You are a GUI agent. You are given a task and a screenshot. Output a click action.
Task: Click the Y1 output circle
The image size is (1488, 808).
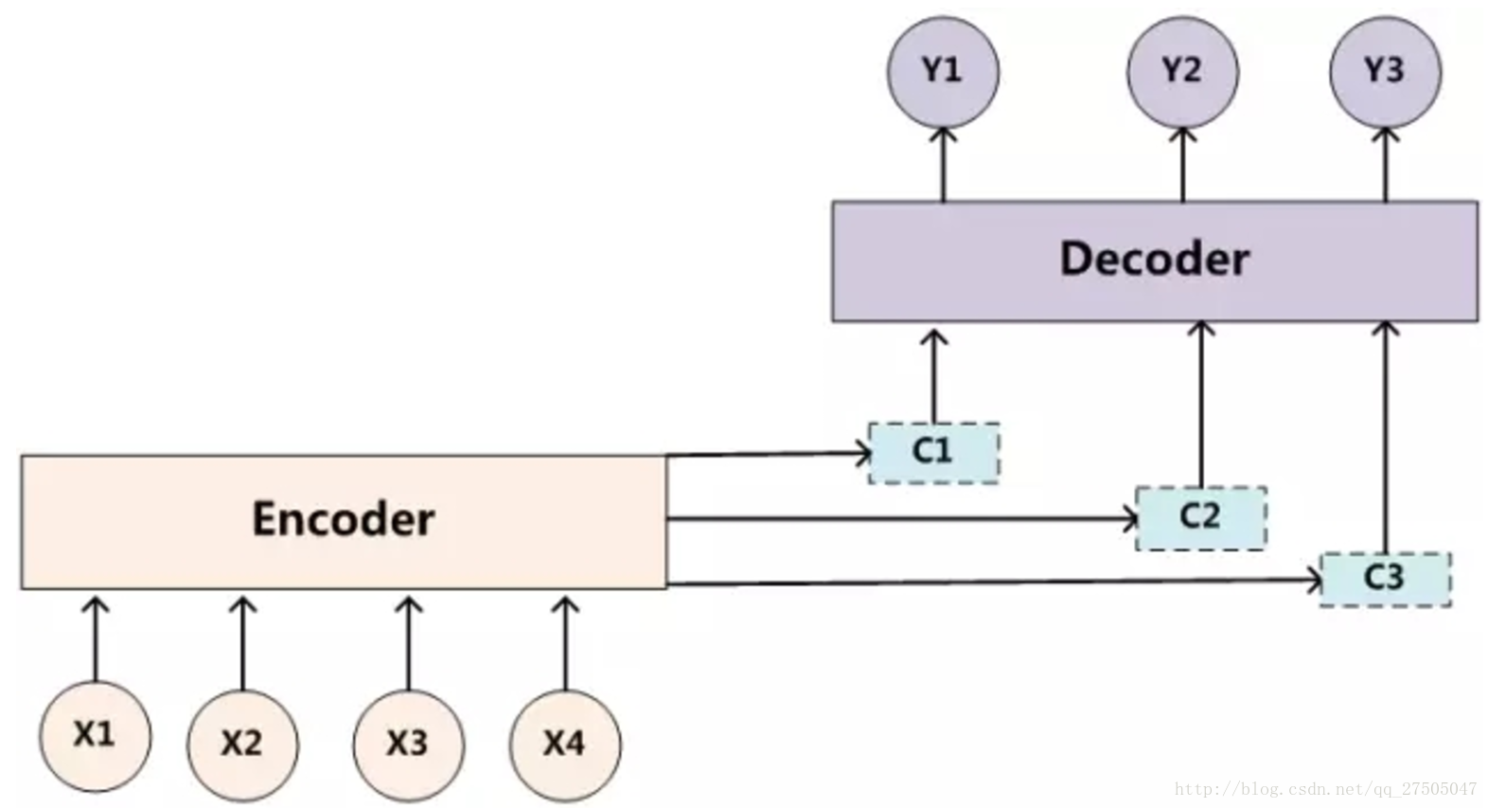[x=943, y=73]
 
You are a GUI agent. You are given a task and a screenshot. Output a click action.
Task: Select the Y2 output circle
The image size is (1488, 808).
[x=1182, y=73]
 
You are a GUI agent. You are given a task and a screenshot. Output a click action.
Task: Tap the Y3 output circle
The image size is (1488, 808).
[x=1385, y=73]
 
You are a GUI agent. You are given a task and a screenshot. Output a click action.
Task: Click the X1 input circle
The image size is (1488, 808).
[x=95, y=736]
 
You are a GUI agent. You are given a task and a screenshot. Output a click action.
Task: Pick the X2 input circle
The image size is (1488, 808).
[x=243, y=745]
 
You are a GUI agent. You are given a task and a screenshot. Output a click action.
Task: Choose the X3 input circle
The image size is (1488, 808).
[x=409, y=745]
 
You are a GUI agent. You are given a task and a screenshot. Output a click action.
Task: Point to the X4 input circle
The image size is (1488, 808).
[x=565, y=745]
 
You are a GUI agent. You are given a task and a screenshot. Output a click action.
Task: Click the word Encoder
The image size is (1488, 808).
[x=344, y=519]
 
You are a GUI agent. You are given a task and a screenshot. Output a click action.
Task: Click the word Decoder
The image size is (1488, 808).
[x=1155, y=259]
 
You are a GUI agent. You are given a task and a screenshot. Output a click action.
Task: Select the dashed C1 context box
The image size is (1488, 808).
[x=934, y=453]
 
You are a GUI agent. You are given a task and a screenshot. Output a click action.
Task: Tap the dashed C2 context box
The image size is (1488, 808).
[x=1201, y=518]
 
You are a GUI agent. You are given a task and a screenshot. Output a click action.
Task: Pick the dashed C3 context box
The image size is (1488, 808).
[x=1386, y=579]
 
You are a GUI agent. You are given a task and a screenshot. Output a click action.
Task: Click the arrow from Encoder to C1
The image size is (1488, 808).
[x=769, y=455]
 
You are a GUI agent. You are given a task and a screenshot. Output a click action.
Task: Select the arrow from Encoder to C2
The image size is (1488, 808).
[x=903, y=519]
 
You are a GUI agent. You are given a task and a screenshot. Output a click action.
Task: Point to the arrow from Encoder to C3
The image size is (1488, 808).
[x=995, y=583]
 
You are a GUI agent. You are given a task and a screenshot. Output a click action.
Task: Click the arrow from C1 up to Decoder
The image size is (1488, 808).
[x=934, y=375]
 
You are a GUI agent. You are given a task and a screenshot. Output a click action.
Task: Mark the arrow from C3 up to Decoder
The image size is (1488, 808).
[x=1385, y=437]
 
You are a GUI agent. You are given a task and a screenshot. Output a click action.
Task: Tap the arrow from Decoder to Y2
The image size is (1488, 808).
[x=1182, y=164]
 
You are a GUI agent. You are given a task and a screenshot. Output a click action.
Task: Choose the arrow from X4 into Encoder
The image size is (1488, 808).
[x=565, y=643]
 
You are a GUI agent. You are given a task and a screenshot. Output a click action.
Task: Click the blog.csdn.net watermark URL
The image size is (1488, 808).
[x=1325, y=789]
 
